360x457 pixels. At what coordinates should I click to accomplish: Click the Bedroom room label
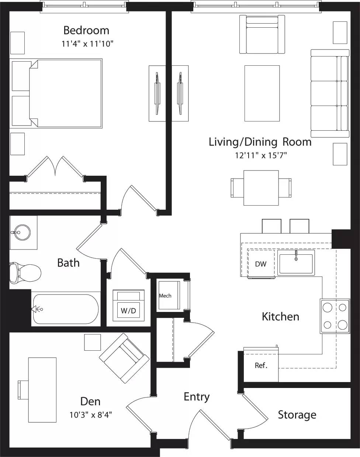[86, 30]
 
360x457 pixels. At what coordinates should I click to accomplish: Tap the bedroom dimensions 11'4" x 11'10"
[87, 44]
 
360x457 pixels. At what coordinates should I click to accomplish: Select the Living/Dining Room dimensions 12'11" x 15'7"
[261, 155]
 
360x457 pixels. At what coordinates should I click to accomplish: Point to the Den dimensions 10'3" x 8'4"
[90, 415]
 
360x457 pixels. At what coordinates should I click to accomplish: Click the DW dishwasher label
[260, 264]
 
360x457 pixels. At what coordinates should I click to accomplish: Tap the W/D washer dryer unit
[128, 305]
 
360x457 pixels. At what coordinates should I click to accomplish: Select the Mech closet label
[165, 296]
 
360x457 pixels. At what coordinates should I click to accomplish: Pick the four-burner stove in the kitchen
[335, 316]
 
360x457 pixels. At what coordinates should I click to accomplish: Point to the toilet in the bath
[25, 273]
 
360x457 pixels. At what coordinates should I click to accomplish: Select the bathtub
[66, 309]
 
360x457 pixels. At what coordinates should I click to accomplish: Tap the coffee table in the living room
[262, 93]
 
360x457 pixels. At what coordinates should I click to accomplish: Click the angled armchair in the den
[124, 358]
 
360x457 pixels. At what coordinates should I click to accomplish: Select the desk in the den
[42, 389]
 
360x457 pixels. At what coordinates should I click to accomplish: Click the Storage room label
[297, 415]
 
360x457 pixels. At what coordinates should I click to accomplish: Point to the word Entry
[197, 397]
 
